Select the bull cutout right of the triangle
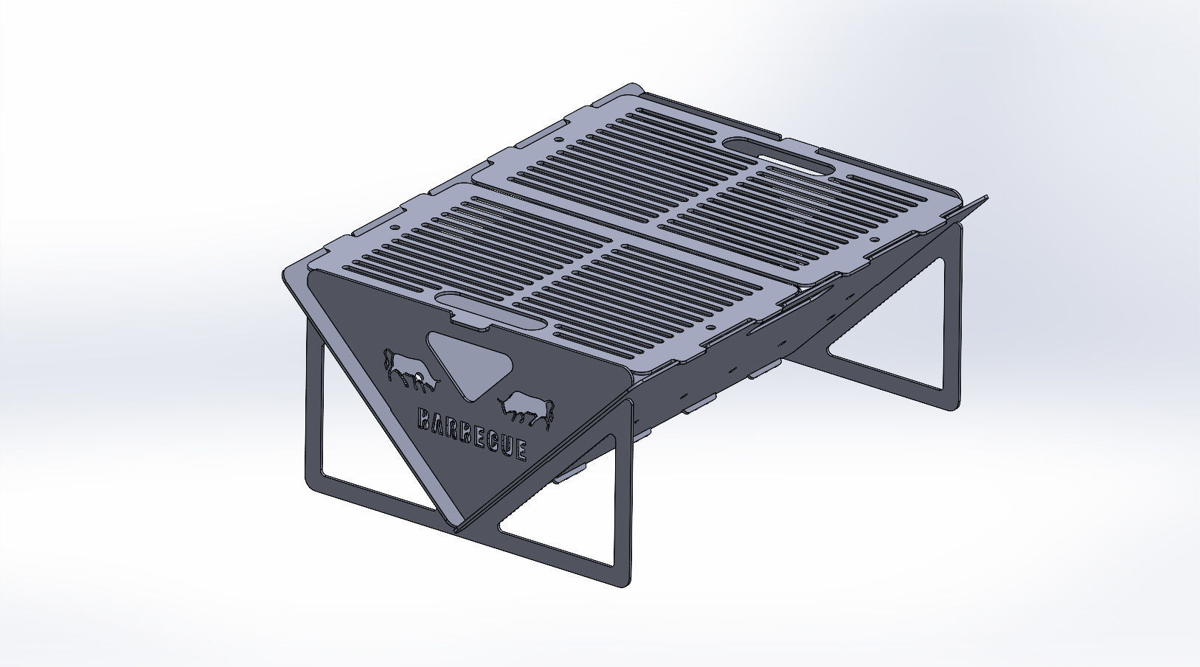pyautogui.click(x=525, y=409)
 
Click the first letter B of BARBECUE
pyautogui.click(x=424, y=419)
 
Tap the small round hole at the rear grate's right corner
pyautogui.click(x=875, y=240)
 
